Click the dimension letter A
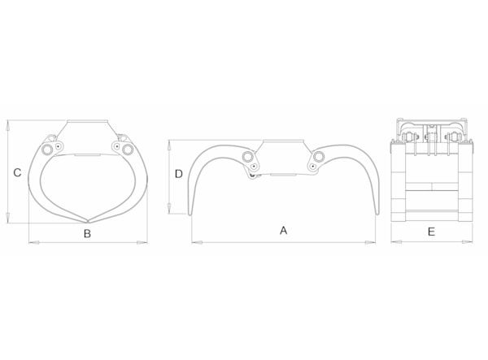pyautogui.click(x=283, y=230)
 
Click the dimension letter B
pyautogui.click(x=88, y=233)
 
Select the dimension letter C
pyautogui.click(x=17, y=172)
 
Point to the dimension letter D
pyautogui.click(x=179, y=174)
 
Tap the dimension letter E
pyautogui.click(x=431, y=232)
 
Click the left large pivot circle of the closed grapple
pyautogui.click(x=47, y=150)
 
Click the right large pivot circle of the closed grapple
pyautogui.click(x=128, y=150)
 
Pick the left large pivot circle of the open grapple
pyautogui.click(x=248, y=156)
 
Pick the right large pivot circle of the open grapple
pyautogui.click(x=319, y=156)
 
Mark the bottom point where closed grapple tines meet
pyautogui.click(x=88, y=222)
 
